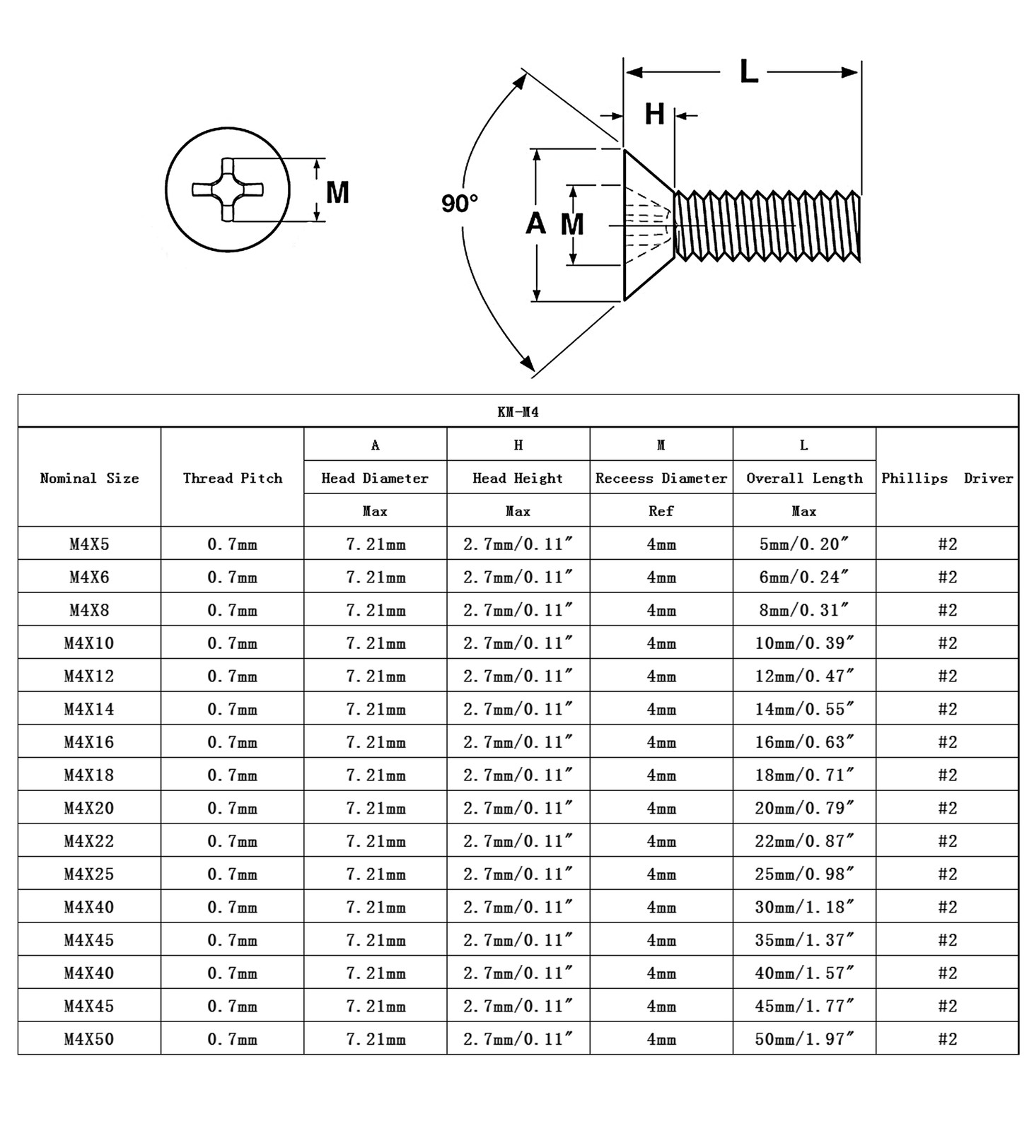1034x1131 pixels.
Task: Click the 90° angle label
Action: [460, 204]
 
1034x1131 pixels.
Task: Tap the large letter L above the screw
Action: [748, 71]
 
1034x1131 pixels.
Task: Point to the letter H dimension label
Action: [654, 114]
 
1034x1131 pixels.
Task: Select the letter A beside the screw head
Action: [535, 223]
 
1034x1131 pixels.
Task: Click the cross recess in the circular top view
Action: [228, 189]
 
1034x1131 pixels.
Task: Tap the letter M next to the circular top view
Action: [337, 192]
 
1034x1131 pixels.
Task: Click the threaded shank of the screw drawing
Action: [767, 225]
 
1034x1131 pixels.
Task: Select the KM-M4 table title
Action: [518, 412]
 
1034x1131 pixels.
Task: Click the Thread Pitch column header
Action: [232, 478]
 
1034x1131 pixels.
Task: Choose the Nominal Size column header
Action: [89, 478]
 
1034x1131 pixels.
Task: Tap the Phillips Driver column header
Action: [947, 478]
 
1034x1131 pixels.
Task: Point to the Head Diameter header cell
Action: [375, 478]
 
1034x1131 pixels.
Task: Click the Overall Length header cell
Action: [804, 478]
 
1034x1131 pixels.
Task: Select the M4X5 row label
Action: [89, 544]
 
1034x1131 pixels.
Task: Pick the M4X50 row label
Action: [89, 1039]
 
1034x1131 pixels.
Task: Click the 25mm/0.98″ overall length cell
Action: [804, 874]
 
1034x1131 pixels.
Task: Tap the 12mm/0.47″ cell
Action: [804, 676]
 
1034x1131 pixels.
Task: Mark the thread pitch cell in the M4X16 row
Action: [232, 742]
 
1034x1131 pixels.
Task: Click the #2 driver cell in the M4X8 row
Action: [947, 610]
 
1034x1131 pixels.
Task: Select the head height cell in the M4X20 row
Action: [518, 808]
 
